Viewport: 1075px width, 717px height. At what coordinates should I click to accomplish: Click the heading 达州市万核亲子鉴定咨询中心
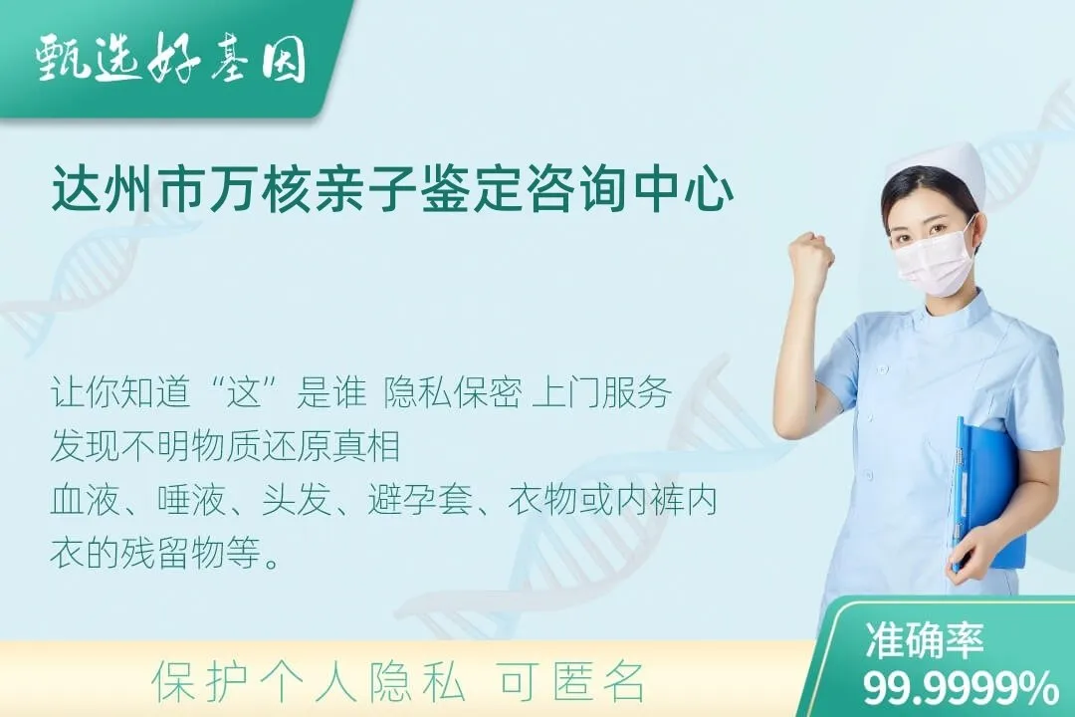click(392, 191)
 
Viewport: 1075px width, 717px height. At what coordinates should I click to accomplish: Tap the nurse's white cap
click(937, 166)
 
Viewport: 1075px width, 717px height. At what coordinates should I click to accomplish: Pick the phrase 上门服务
click(603, 394)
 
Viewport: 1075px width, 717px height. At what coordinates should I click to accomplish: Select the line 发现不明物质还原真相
click(225, 447)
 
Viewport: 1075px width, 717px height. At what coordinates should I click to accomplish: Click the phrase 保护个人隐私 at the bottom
click(309, 683)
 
